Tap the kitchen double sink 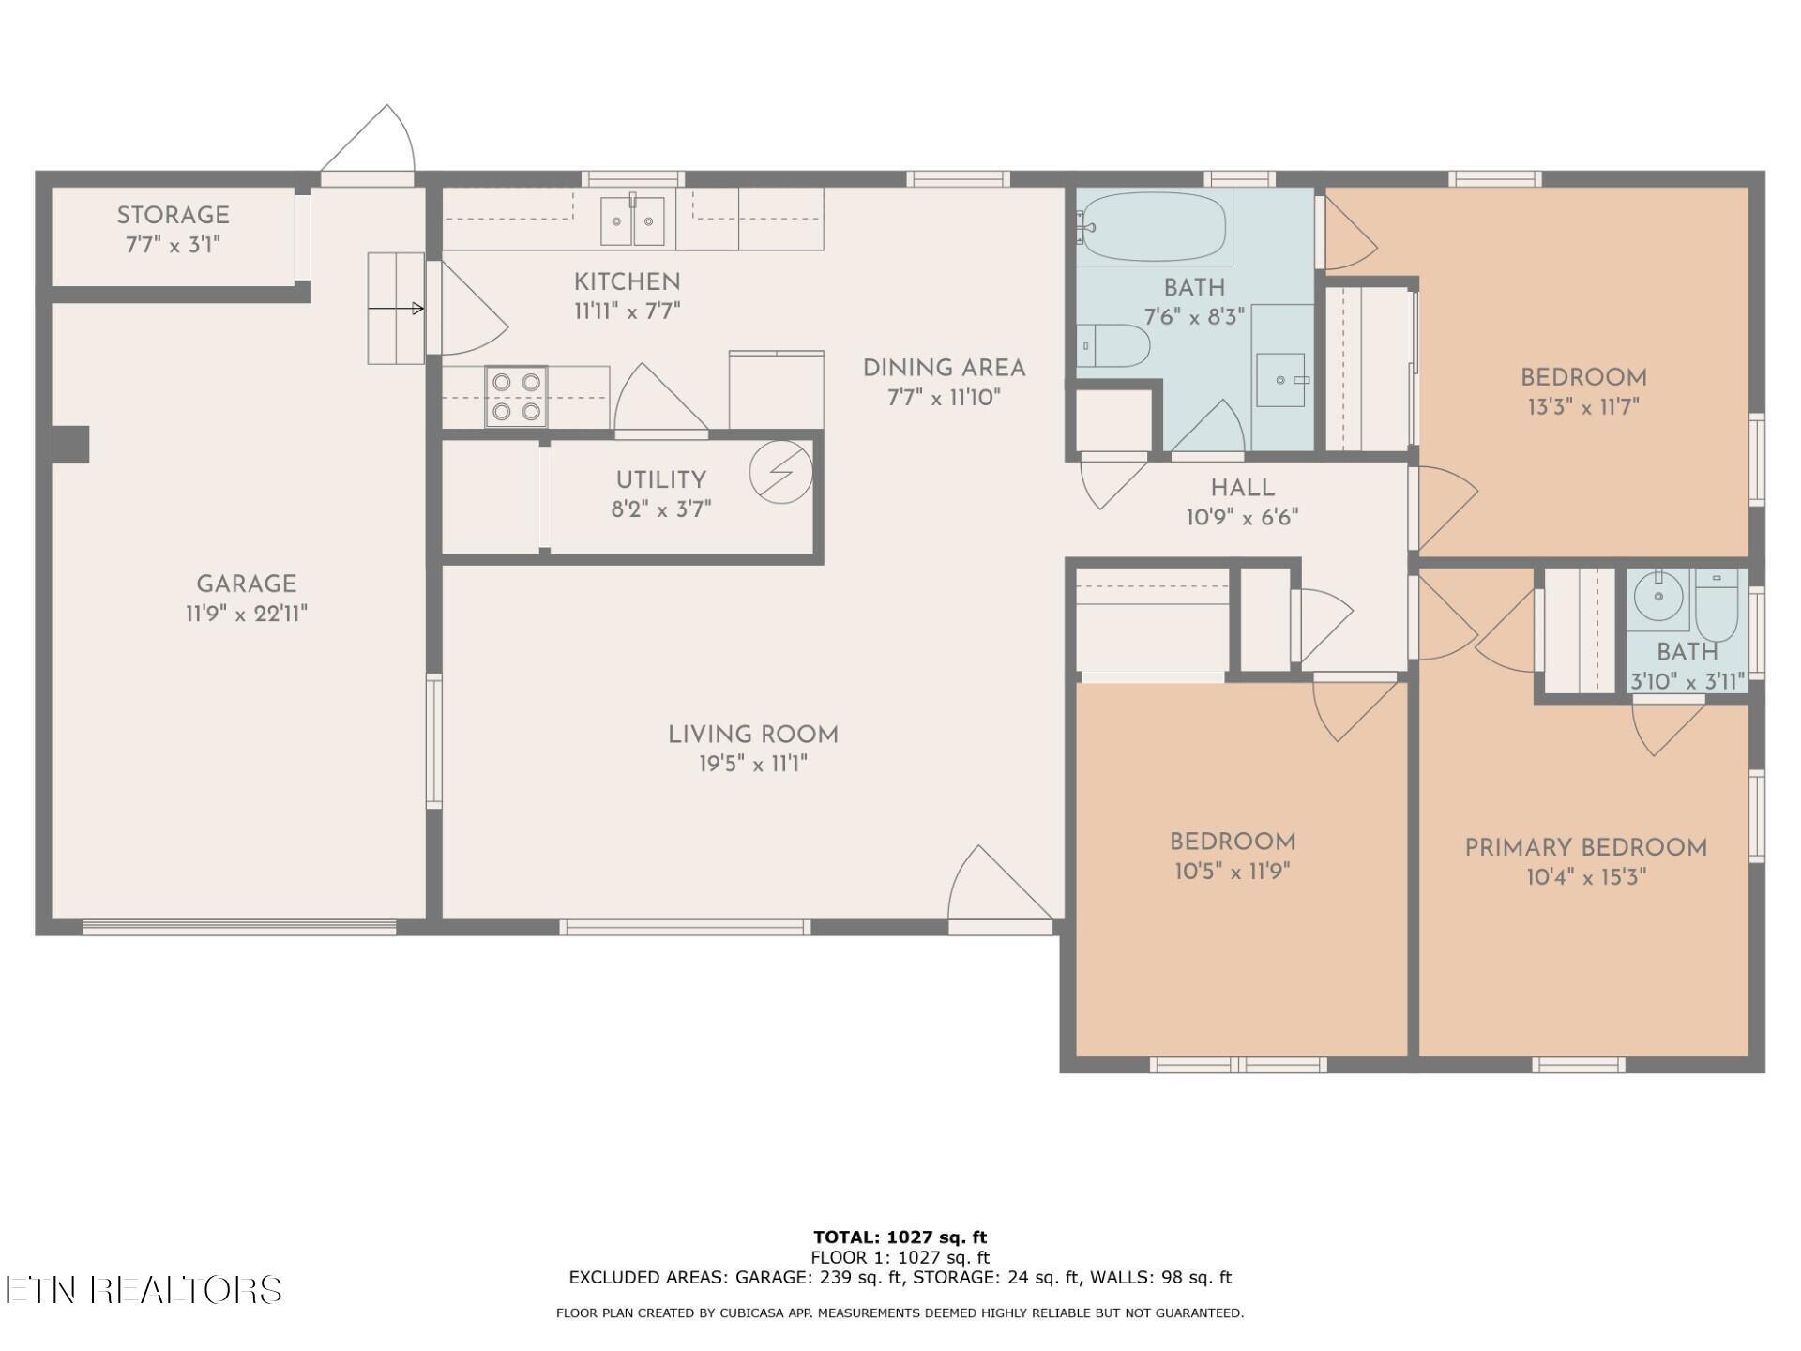[x=632, y=221]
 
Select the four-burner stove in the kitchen [x=516, y=396]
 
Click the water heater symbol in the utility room [x=780, y=473]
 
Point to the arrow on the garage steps [x=395, y=308]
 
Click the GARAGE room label [x=247, y=584]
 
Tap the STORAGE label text [x=174, y=215]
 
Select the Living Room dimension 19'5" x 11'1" [x=753, y=764]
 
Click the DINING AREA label [x=945, y=368]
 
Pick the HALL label [x=1243, y=488]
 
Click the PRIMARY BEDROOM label [x=1586, y=848]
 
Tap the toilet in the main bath [x=1112, y=345]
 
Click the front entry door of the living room [x=1000, y=888]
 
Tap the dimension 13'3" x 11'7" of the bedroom [x=1583, y=407]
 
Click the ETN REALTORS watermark [x=144, y=1290]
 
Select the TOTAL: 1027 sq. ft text [x=900, y=1237]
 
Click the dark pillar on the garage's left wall [x=70, y=445]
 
